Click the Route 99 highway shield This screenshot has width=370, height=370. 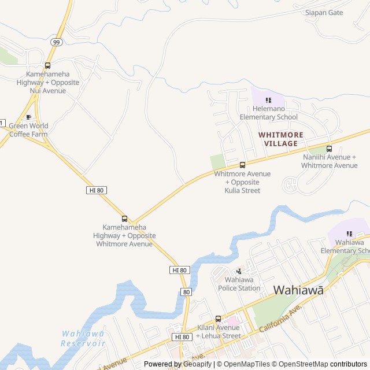point(56,42)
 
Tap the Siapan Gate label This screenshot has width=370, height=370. point(324,12)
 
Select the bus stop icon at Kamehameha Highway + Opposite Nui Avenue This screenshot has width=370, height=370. point(47,65)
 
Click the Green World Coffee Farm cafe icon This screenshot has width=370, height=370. point(28,117)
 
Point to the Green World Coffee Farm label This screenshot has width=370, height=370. point(28,130)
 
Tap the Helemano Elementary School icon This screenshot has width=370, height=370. point(268,100)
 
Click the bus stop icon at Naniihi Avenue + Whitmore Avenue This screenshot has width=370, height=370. point(329,149)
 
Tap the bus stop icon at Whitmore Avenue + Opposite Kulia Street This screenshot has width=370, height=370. point(242,165)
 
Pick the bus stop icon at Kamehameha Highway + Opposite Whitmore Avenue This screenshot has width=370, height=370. point(124,219)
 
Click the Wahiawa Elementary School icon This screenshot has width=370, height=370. point(349,234)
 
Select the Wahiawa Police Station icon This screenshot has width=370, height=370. point(239,271)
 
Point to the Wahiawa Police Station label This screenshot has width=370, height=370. point(239,284)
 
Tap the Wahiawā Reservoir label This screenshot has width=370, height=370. point(83,338)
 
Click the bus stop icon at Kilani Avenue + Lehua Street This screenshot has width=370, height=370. point(218,319)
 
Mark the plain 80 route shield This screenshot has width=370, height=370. point(186,292)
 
